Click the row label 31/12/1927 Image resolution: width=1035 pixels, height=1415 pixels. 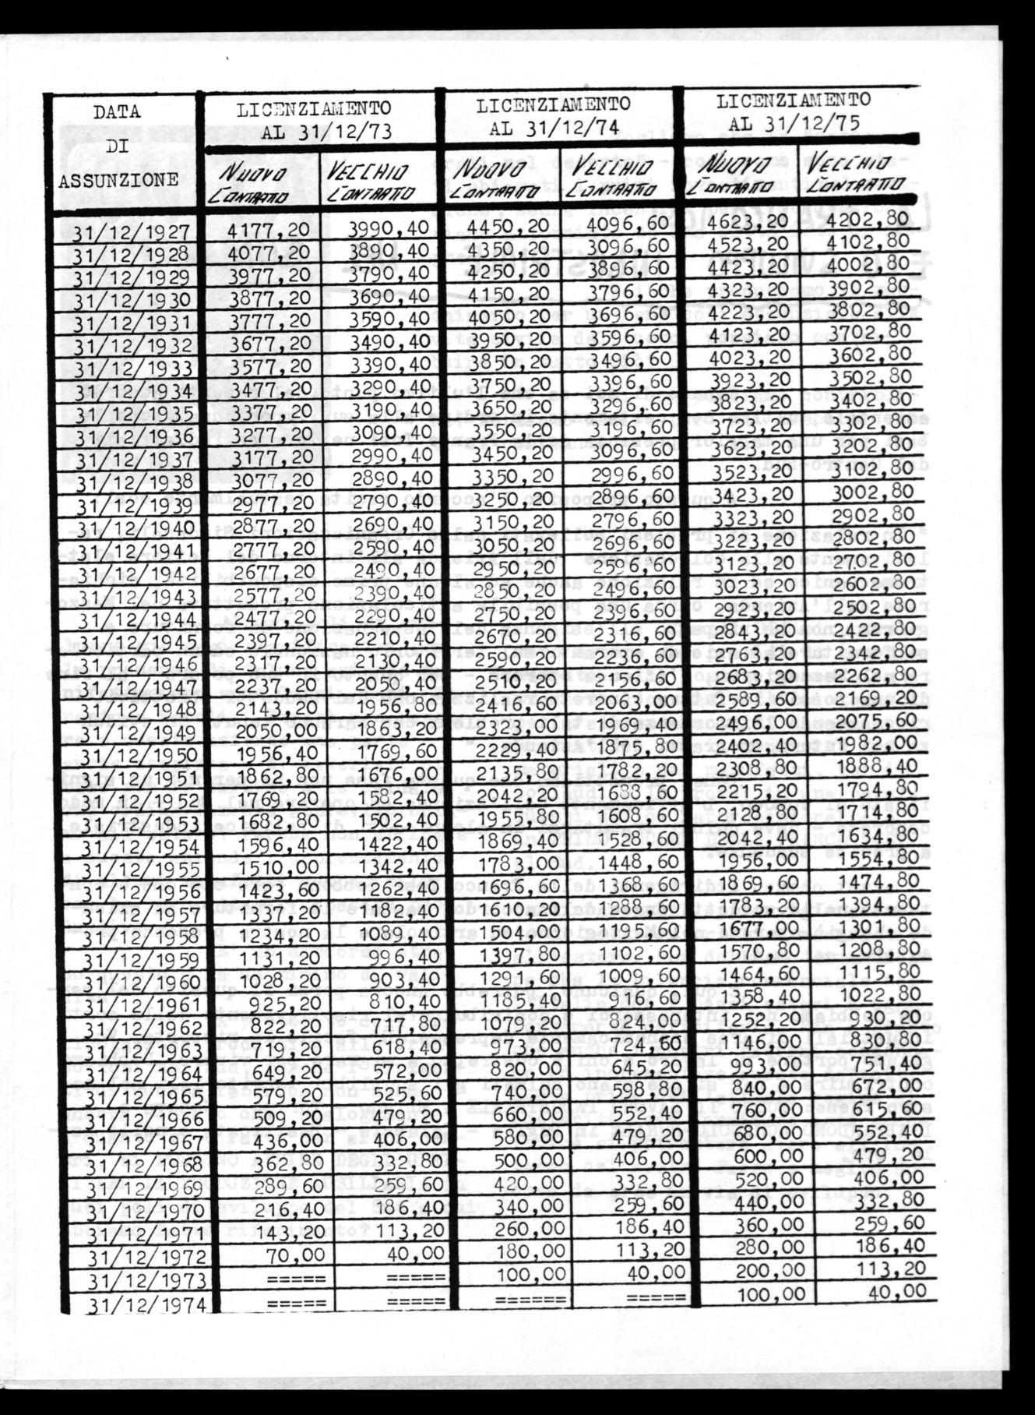(x=132, y=233)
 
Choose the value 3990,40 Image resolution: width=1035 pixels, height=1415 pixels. (x=387, y=228)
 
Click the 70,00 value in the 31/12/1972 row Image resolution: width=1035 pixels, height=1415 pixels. (x=291, y=1254)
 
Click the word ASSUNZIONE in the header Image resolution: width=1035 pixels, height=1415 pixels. (x=119, y=181)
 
